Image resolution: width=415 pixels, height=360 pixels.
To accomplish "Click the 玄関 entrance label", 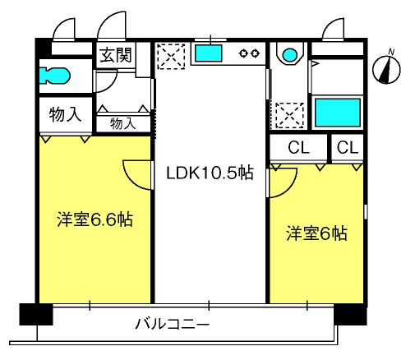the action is [116, 55].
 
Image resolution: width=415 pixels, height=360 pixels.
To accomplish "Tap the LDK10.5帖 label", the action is [210, 173].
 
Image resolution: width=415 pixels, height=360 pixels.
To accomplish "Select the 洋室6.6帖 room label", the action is [95, 219].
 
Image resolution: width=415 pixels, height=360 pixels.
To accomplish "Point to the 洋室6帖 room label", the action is [316, 233].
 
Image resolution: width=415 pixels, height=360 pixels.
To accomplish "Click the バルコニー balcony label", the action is [173, 324].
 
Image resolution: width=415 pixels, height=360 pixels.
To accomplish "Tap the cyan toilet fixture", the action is [55, 76].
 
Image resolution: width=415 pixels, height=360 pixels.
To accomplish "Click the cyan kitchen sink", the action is [208, 53].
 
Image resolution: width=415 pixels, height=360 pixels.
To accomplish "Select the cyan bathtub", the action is [338, 113].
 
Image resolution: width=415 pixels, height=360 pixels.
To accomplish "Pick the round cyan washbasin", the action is [290, 55].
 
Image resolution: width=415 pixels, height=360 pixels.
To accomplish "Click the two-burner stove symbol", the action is [249, 53].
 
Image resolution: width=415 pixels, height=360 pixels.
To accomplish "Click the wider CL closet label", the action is [298, 148].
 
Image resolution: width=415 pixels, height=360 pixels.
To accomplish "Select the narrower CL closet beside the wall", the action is [348, 148].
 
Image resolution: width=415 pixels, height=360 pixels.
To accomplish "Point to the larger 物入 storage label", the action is [66, 114].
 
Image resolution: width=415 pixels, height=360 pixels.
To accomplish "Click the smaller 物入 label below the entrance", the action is [123, 123].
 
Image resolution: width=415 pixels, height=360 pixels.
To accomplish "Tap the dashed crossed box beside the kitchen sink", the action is [171, 56].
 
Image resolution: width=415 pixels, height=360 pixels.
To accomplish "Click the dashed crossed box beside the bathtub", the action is [289, 115].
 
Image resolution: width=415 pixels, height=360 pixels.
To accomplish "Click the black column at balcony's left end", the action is [36, 314].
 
